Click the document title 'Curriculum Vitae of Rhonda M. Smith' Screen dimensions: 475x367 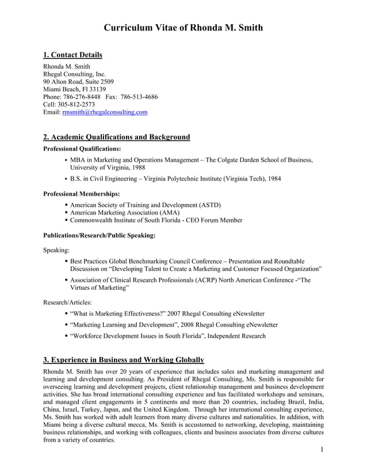(x=183, y=28)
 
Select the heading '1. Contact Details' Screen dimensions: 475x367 (x=73, y=55)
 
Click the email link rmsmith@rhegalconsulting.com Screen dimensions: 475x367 (x=105, y=112)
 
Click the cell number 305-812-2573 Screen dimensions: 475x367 (x=76, y=105)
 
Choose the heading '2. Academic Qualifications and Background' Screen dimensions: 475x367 (x=117, y=137)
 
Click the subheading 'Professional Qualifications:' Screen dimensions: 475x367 (x=82, y=149)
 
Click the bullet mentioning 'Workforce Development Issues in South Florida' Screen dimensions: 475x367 (x=167, y=336)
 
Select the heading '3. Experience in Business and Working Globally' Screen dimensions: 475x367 (x=124, y=360)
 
